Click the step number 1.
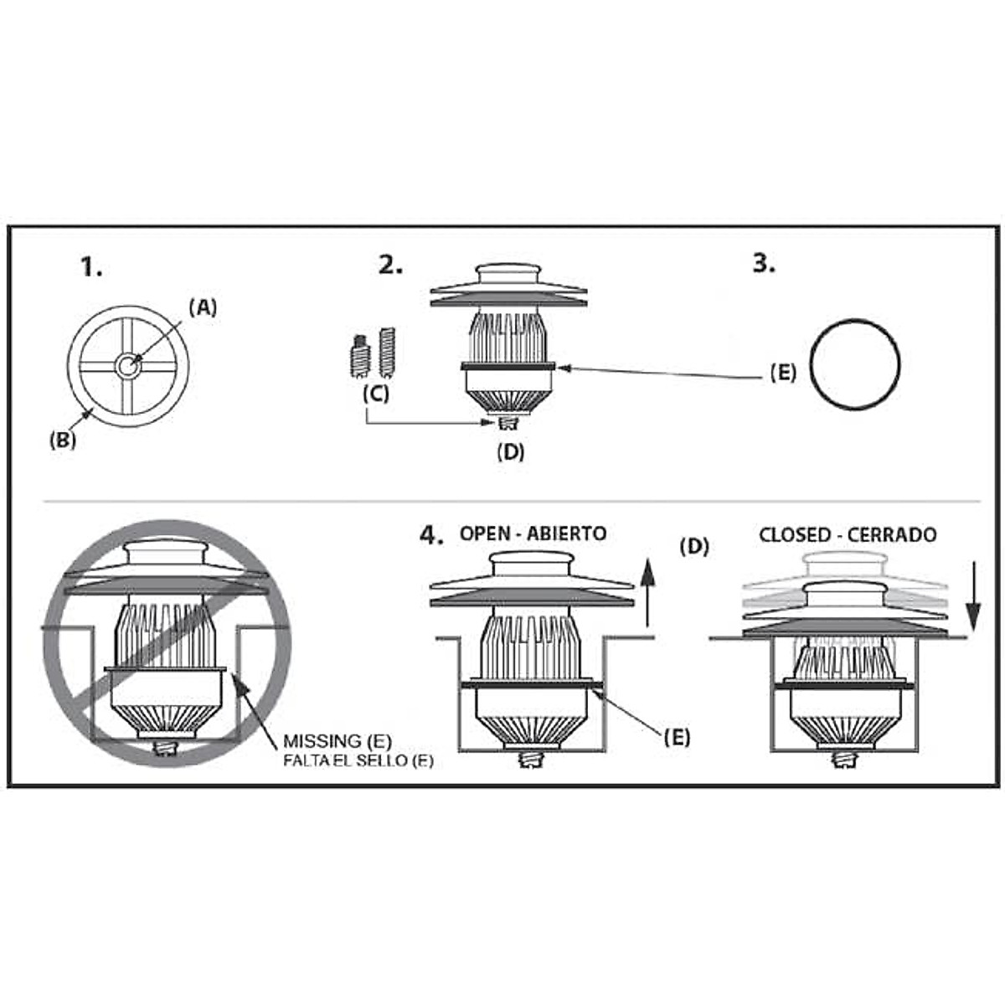[91, 267]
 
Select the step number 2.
[390, 265]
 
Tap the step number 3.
[763, 263]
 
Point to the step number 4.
[431, 535]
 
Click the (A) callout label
[202, 307]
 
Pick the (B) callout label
[62, 440]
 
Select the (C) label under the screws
[375, 393]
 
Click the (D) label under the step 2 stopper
[510, 451]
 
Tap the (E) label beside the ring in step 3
[783, 374]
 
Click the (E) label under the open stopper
[677, 737]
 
